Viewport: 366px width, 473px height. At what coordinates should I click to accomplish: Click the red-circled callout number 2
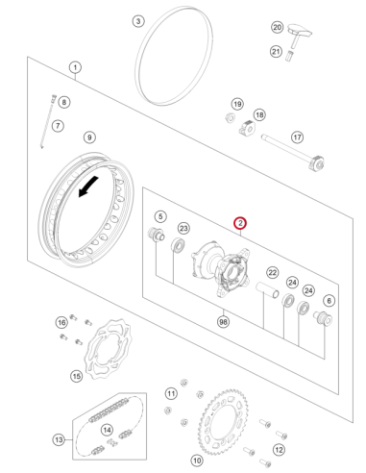(x=240, y=223)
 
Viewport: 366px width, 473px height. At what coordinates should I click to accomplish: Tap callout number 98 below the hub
(x=224, y=321)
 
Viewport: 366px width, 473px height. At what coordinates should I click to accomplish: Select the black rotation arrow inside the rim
(x=87, y=187)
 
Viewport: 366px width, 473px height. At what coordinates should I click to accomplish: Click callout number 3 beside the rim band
(x=138, y=21)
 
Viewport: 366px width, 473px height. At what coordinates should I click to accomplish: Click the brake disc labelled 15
(x=109, y=349)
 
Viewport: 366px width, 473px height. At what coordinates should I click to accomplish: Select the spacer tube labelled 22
(x=267, y=289)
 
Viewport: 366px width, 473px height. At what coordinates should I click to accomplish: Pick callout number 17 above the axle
(x=297, y=137)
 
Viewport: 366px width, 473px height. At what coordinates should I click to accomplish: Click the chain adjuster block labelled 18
(x=247, y=128)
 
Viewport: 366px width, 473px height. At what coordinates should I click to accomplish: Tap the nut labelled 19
(x=230, y=118)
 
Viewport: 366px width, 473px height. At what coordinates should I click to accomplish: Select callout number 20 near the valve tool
(x=278, y=27)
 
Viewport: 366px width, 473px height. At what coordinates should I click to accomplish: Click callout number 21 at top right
(x=276, y=51)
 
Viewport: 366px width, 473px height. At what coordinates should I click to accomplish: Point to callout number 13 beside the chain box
(x=59, y=439)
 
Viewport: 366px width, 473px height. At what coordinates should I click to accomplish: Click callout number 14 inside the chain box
(x=107, y=430)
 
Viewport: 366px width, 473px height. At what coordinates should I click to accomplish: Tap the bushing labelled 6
(x=323, y=318)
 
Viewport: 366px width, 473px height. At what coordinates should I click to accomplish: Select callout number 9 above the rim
(x=89, y=137)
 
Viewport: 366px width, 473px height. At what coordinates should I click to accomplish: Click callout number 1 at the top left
(x=75, y=67)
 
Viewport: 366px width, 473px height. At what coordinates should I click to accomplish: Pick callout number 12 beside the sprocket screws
(x=279, y=450)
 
